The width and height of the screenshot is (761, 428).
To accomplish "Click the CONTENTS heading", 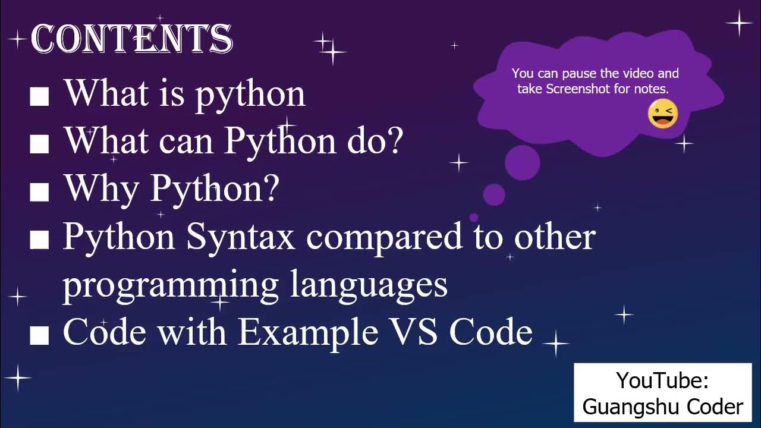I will [131, 39].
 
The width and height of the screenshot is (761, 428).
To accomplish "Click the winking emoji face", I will [662, 114].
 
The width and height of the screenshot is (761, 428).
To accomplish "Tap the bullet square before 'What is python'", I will [39, 96].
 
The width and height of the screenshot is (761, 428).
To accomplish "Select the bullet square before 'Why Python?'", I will [39, 191].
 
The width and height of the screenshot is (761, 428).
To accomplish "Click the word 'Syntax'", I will [241, 237].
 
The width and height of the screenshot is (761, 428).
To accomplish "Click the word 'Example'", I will [308, 332].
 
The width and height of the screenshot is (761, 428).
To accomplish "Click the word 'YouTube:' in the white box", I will [662, 380].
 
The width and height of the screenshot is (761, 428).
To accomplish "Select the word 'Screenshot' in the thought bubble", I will [575, 89].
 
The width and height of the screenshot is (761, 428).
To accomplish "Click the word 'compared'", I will [384, 237].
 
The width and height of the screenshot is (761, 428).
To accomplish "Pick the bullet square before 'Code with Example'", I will [39, 335].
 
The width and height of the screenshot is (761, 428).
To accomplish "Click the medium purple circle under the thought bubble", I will [493, 194].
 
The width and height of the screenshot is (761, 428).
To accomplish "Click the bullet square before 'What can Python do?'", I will [39, 144].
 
